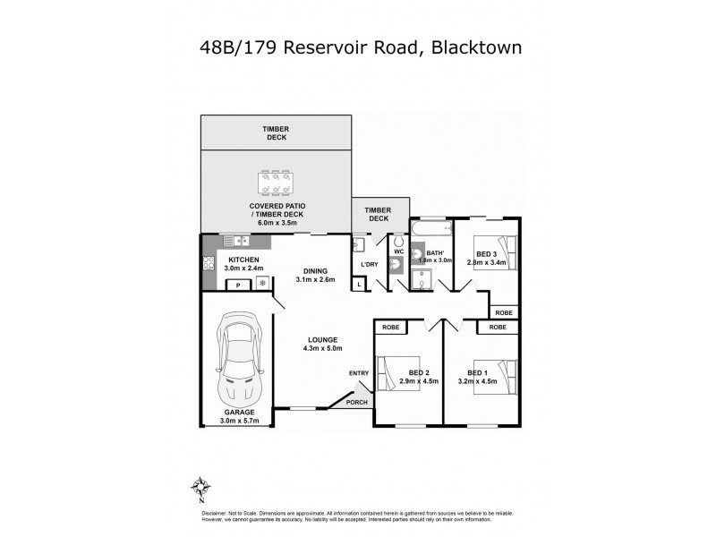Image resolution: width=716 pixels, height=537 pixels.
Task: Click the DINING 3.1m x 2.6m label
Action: pyautogui.click(x=315, y=276)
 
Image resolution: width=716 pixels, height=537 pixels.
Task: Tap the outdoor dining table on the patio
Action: pyautogui.click(x=275, y=182)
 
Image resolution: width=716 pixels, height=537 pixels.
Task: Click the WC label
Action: pyautogui.click(x=399, y=251)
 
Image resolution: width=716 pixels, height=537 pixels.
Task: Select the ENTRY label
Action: pyautogui.click(x=359, y=373)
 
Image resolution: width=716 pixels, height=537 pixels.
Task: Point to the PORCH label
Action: pyautogui.click(x=357, y=403)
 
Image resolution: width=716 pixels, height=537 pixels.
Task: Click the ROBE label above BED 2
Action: pyautogui.click(x=391, y=328)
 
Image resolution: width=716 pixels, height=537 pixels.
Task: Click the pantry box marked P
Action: pyautogui.click(x=239, y=284)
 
